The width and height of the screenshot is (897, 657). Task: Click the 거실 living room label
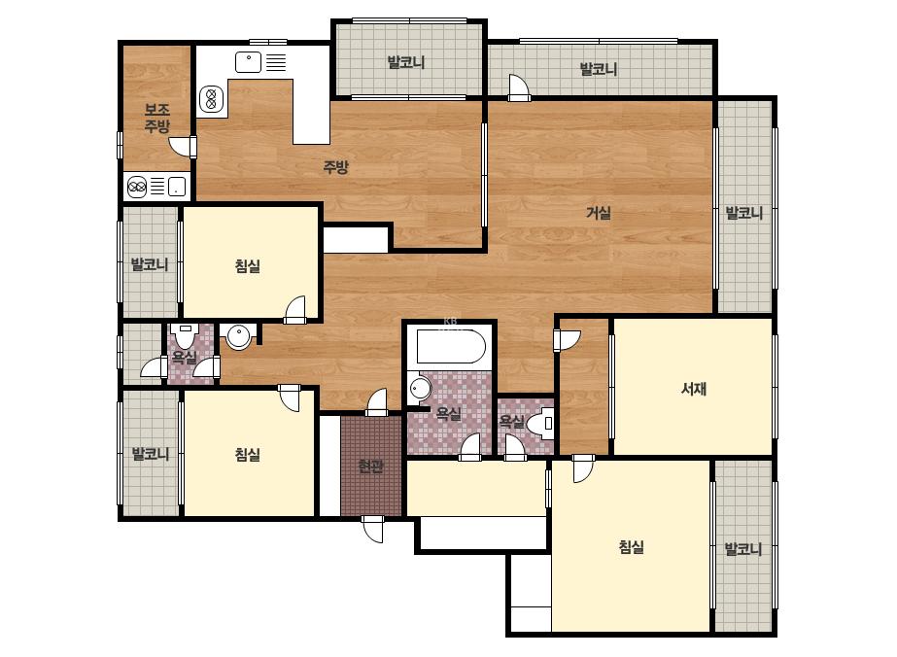599,213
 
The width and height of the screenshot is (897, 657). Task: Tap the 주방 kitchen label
336,166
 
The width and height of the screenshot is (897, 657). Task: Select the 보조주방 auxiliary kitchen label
156,118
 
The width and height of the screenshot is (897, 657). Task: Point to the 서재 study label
694,389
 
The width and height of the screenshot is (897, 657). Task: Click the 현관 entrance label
370,466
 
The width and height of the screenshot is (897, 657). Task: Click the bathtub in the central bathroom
451,346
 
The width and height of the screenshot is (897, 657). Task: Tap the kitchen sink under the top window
249,62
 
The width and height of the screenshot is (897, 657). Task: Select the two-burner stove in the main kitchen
211,99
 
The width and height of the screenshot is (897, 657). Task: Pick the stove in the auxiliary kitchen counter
137,187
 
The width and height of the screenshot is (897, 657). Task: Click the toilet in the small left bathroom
185,335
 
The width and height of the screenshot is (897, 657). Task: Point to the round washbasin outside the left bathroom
238,336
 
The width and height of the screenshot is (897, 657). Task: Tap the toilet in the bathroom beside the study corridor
539,424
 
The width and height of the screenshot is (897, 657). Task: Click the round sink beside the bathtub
420,389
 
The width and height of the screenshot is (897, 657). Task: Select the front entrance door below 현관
373,529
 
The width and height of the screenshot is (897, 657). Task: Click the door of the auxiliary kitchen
183,146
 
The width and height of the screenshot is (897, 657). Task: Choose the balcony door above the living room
519,87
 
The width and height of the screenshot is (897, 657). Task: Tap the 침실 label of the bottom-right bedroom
631,546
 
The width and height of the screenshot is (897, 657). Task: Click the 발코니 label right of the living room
743,213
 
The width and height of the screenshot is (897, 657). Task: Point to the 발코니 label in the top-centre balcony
405,62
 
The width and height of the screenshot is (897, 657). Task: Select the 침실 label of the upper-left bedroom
247,265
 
